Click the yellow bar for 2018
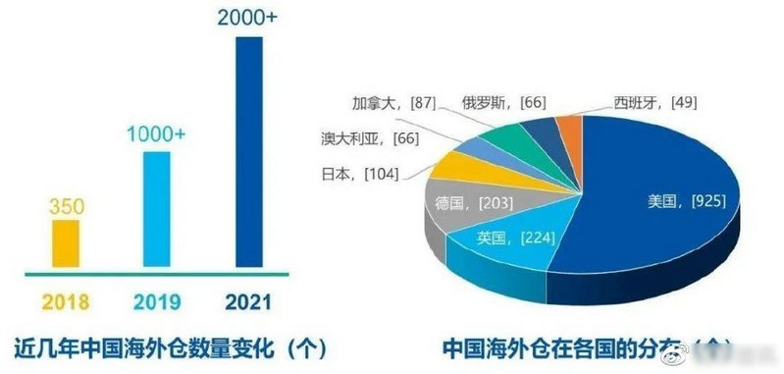(x=66, y=242)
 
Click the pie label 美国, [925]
(x=686, y=201)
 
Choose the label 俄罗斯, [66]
(x=503, y=101)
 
